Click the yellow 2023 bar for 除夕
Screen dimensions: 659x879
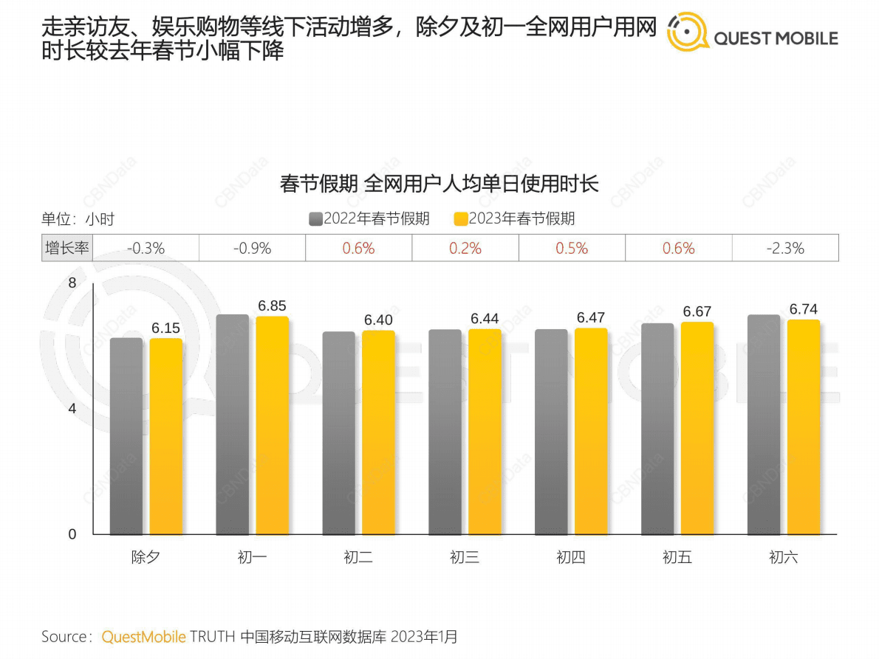tap(165, 436)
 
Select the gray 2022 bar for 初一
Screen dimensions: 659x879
tap(232, 424)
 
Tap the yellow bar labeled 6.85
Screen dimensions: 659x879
tap(272, 425)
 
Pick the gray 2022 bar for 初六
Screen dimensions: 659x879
tap(764, 424)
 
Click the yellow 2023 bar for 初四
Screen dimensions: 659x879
tap(591, 431)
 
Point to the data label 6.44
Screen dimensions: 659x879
tap(485, 319)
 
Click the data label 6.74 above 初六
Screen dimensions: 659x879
tap(804, 309)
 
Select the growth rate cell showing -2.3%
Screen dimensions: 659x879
tap(785, 249)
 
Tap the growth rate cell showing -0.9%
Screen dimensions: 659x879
tap(253, 249)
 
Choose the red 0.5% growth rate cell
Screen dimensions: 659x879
tap(572, 249)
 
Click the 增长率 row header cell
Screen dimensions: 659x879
tap(67, 249)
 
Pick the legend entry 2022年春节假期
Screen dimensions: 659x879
tap(369, 218)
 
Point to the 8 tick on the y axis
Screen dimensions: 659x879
tap(72, 283)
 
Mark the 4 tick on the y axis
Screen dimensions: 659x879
tap(72, 409)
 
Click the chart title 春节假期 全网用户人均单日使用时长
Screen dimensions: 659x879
tap(439, 183)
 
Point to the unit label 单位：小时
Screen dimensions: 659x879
tap(78, 219)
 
